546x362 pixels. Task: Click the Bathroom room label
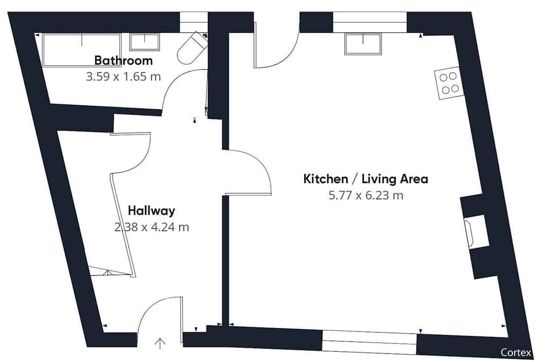tap(123, 61)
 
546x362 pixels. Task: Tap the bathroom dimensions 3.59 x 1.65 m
tap(123, 77)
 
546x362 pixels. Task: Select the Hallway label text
tap(151, 211)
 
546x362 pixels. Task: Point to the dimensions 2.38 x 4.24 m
tap(151, 227)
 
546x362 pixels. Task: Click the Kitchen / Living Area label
tap(366, 179)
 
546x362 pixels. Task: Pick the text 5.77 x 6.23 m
tap(366, 195)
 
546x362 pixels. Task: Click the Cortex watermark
tap(516, 352)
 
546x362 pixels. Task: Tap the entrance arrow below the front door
tap(160, 343)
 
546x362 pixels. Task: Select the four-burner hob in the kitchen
tap(449, 83)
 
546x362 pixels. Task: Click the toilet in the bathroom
tap(192, 49)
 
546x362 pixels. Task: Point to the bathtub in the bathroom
tap(82, 50)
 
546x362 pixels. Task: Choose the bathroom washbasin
tap(144, 42)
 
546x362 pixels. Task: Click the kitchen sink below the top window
tap(363, 44)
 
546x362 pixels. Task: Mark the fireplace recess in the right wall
tap(475, 231)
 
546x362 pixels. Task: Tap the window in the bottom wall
tap(370, 342)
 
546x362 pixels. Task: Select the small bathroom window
tap(193, 22)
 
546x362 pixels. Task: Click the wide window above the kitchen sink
tap(370, 22)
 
